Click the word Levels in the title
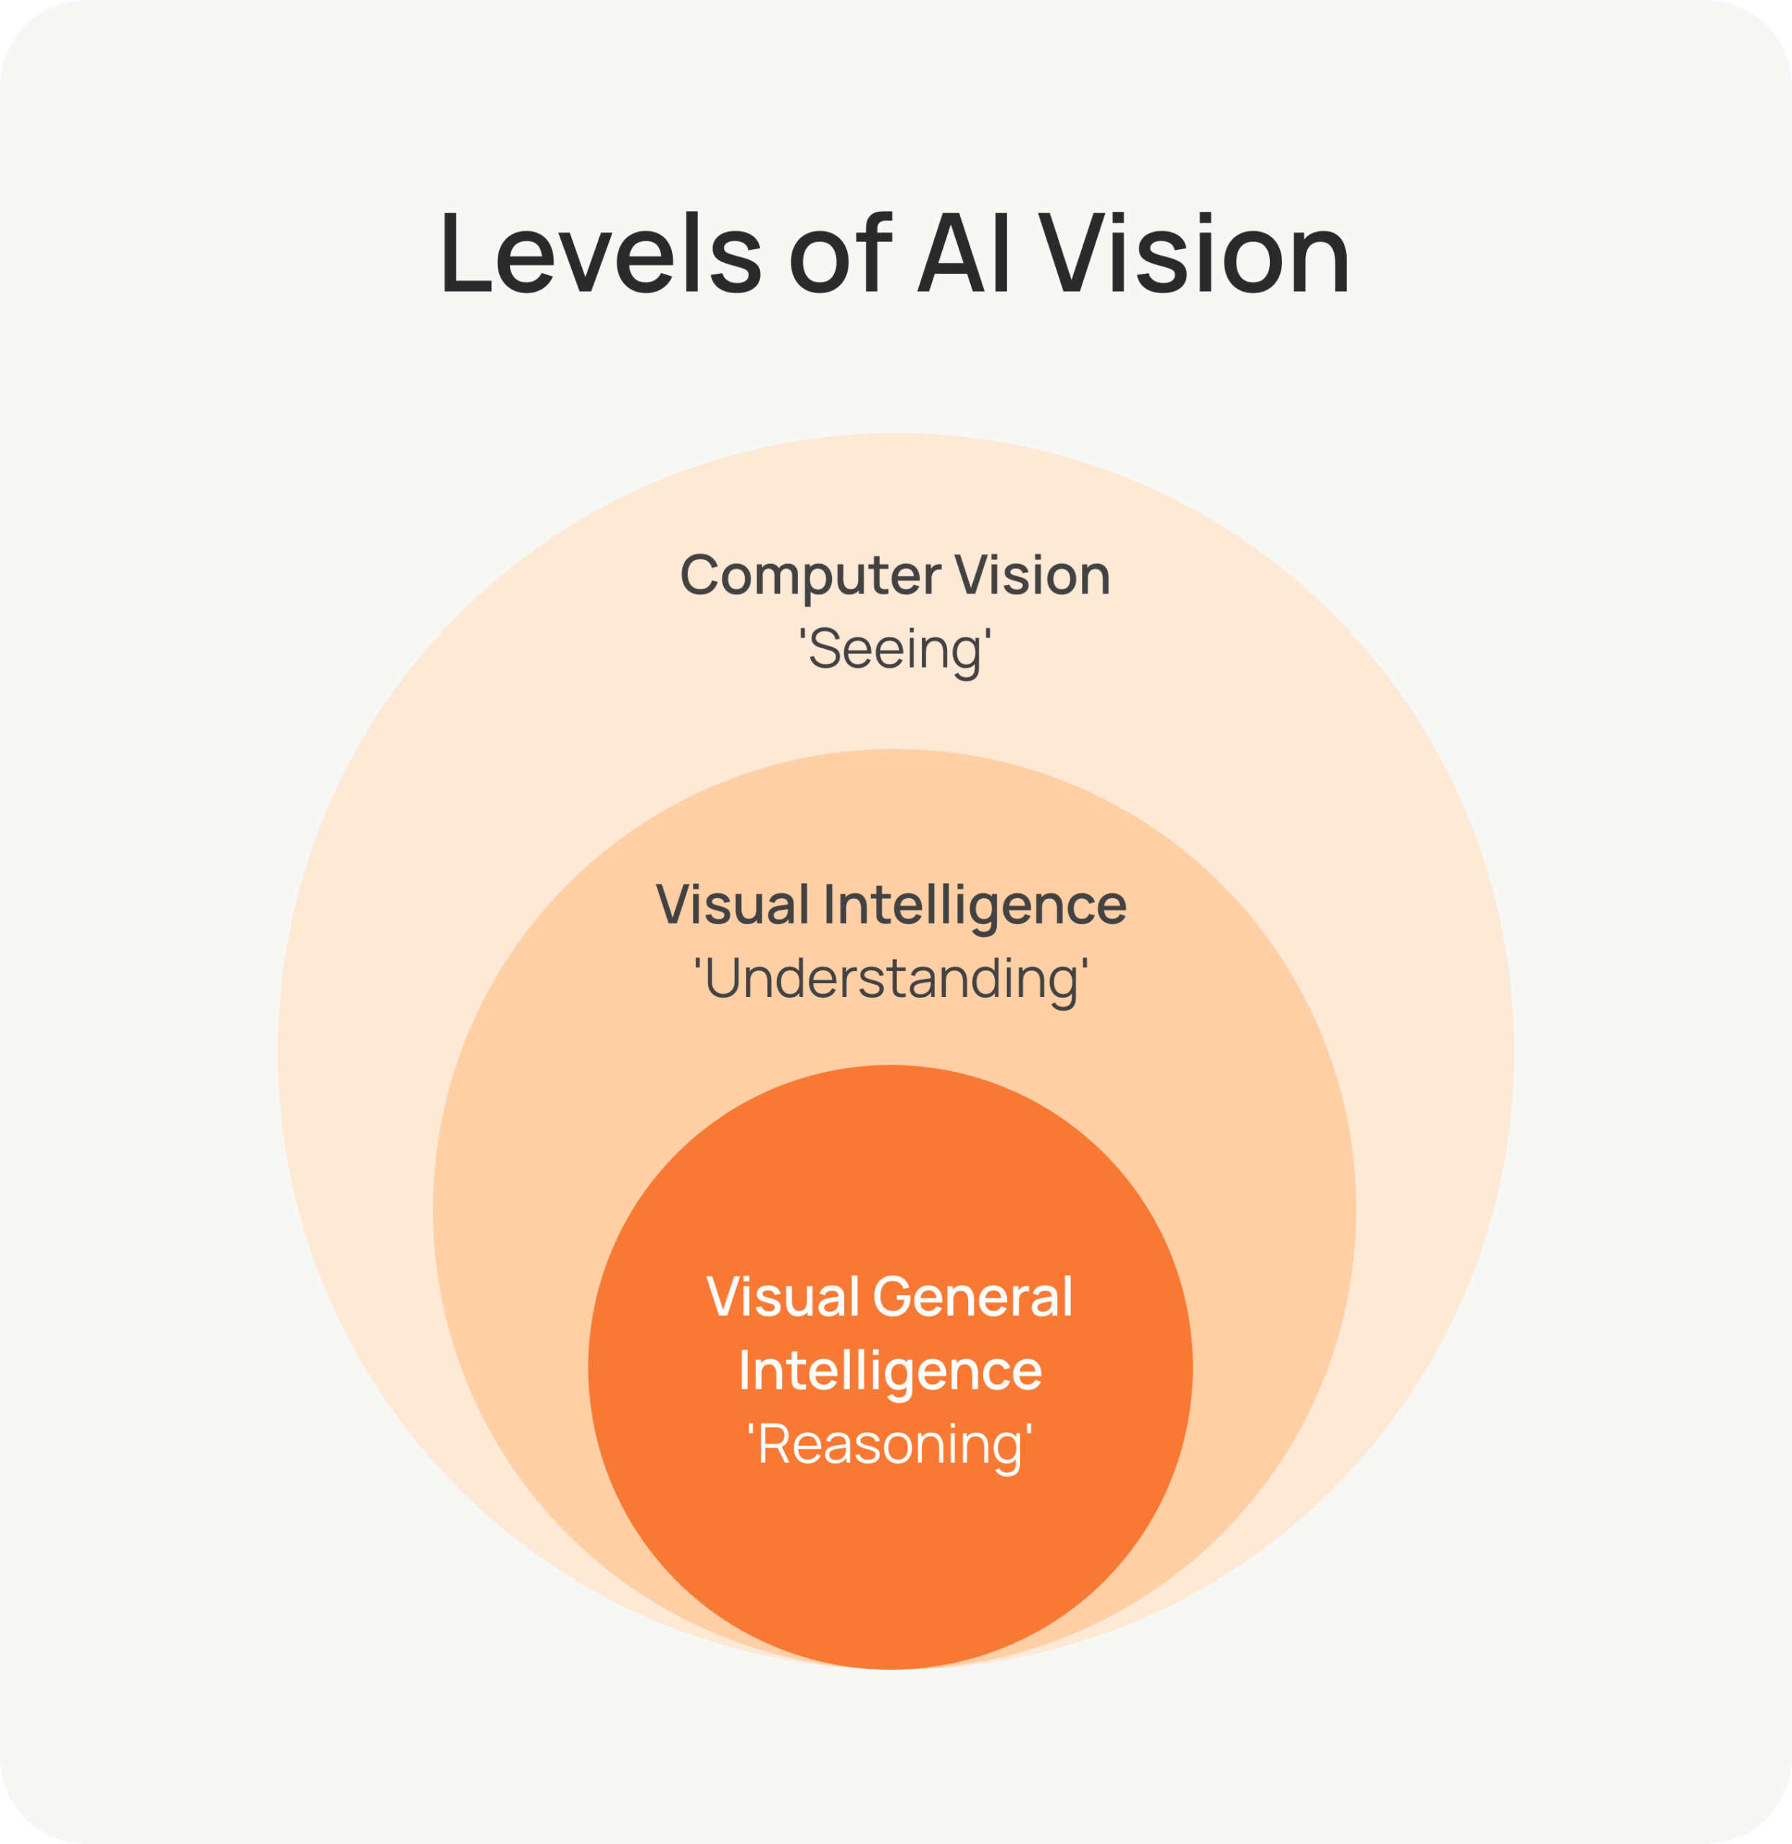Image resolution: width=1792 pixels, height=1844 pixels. click(601, 252)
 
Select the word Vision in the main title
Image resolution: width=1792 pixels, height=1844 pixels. click(1193, 252)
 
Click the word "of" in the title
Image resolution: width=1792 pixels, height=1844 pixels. click(840, 252)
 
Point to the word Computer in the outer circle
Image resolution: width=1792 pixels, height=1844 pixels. click(810, 575)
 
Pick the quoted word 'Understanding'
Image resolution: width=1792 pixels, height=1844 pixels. click(891, 980)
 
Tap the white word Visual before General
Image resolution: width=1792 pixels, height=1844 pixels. click(783, 1296)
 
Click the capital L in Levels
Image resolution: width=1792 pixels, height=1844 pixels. click(466, 252)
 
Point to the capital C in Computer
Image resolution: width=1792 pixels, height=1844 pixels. click(699, 574)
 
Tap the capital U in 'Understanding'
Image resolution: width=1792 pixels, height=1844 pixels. click(721, 978)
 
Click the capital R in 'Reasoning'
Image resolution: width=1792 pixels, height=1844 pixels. click(774, 1443)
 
